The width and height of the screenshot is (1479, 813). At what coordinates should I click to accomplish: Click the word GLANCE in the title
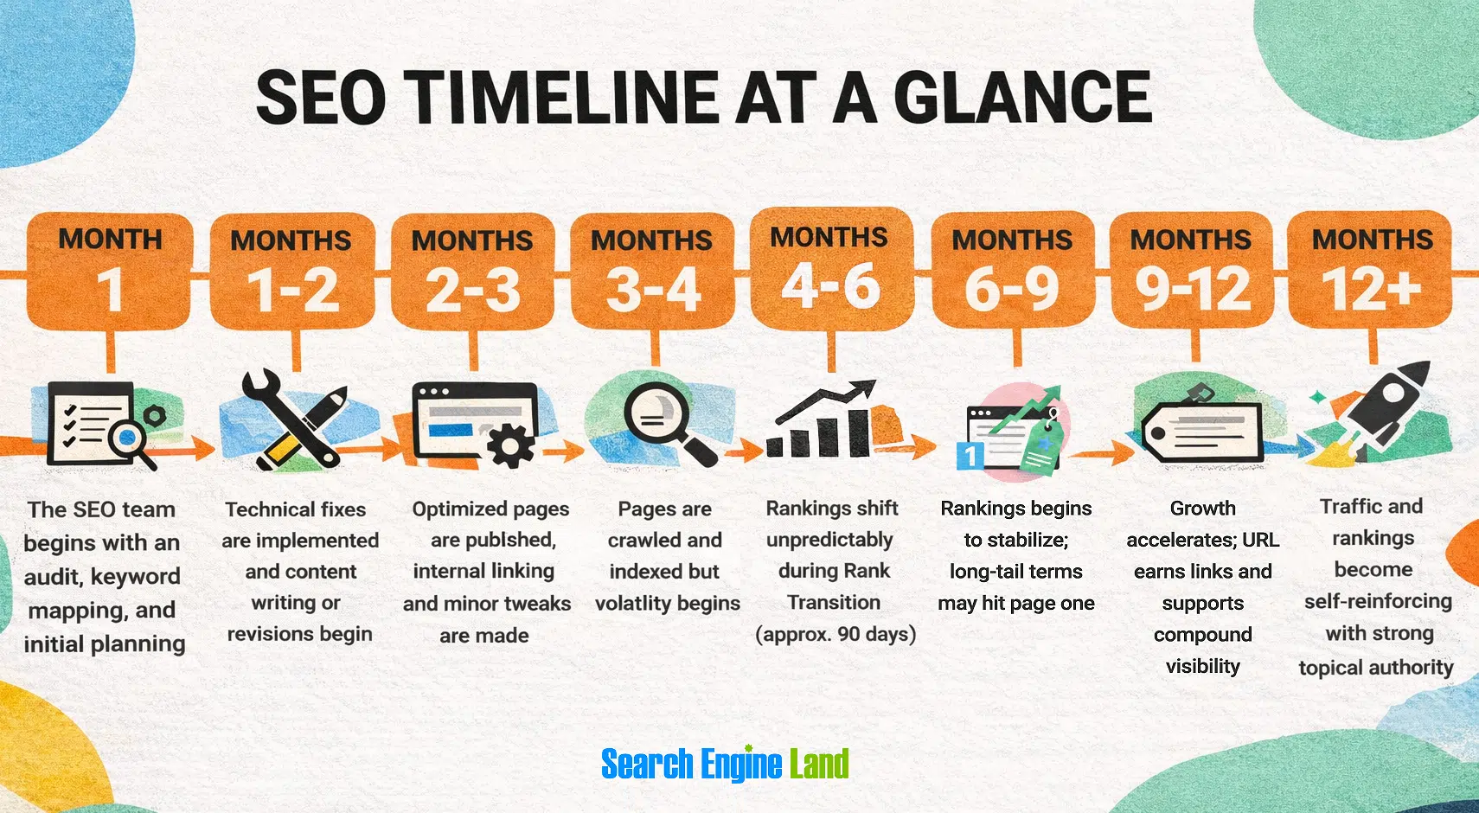pyautogui.click(x=1022, y=97)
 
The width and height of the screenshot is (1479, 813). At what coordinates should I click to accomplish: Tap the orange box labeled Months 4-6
pyautogui.click(x=831, y=268)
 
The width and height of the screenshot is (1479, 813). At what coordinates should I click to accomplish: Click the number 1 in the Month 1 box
pyautogui.click(x=110, y=290)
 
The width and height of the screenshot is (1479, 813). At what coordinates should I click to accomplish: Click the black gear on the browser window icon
pyautogui.click(x=510, y=445)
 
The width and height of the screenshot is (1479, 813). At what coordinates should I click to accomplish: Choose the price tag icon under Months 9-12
pyautogui.click(x=1202, y=428)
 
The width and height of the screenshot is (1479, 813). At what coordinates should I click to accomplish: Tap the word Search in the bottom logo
pyautogui.click(x=647, y=765)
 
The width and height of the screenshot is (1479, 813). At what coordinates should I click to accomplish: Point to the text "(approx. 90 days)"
pyautogui.click(x=836, y=634)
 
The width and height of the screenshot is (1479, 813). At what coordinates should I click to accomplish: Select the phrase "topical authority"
pyautogui.click(x=1375, y=667)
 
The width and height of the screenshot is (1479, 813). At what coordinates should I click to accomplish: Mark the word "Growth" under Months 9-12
pyautogui.click(x=1202, y=509)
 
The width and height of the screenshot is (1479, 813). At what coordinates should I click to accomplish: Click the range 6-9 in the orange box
pyautogui.click(x=1012, y=290)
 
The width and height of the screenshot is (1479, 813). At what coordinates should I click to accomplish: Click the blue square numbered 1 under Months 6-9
pyautogui.click(x=970, y=455)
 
